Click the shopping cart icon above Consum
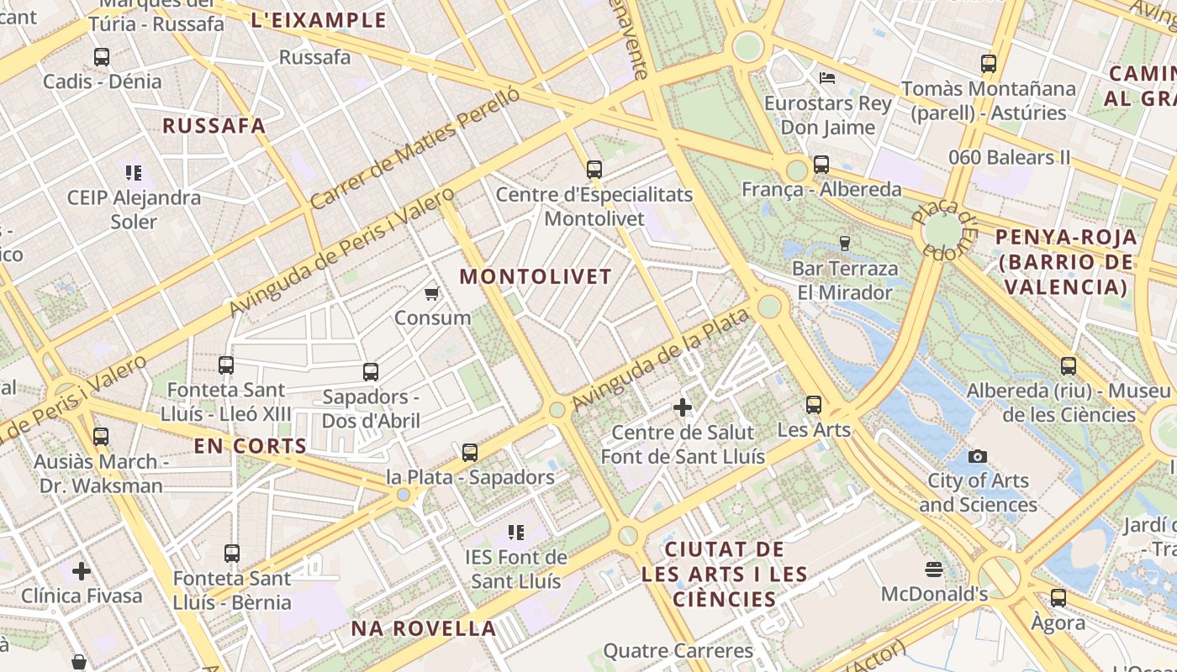431,293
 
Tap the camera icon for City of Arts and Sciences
977,456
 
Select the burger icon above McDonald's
933,570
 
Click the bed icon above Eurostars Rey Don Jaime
827,78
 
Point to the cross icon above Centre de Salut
683,408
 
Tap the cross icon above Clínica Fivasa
82,571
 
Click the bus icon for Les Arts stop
813,405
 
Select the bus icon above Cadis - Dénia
102,57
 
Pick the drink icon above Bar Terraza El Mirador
845,244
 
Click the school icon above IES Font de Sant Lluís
516,532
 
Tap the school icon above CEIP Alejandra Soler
134,173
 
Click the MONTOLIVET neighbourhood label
536,276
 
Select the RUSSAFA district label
214,126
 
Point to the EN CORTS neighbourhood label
251,446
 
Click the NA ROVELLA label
423,628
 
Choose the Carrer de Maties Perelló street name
415,149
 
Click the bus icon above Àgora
1058,598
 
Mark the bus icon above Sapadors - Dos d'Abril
371,372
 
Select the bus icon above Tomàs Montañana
989,64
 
